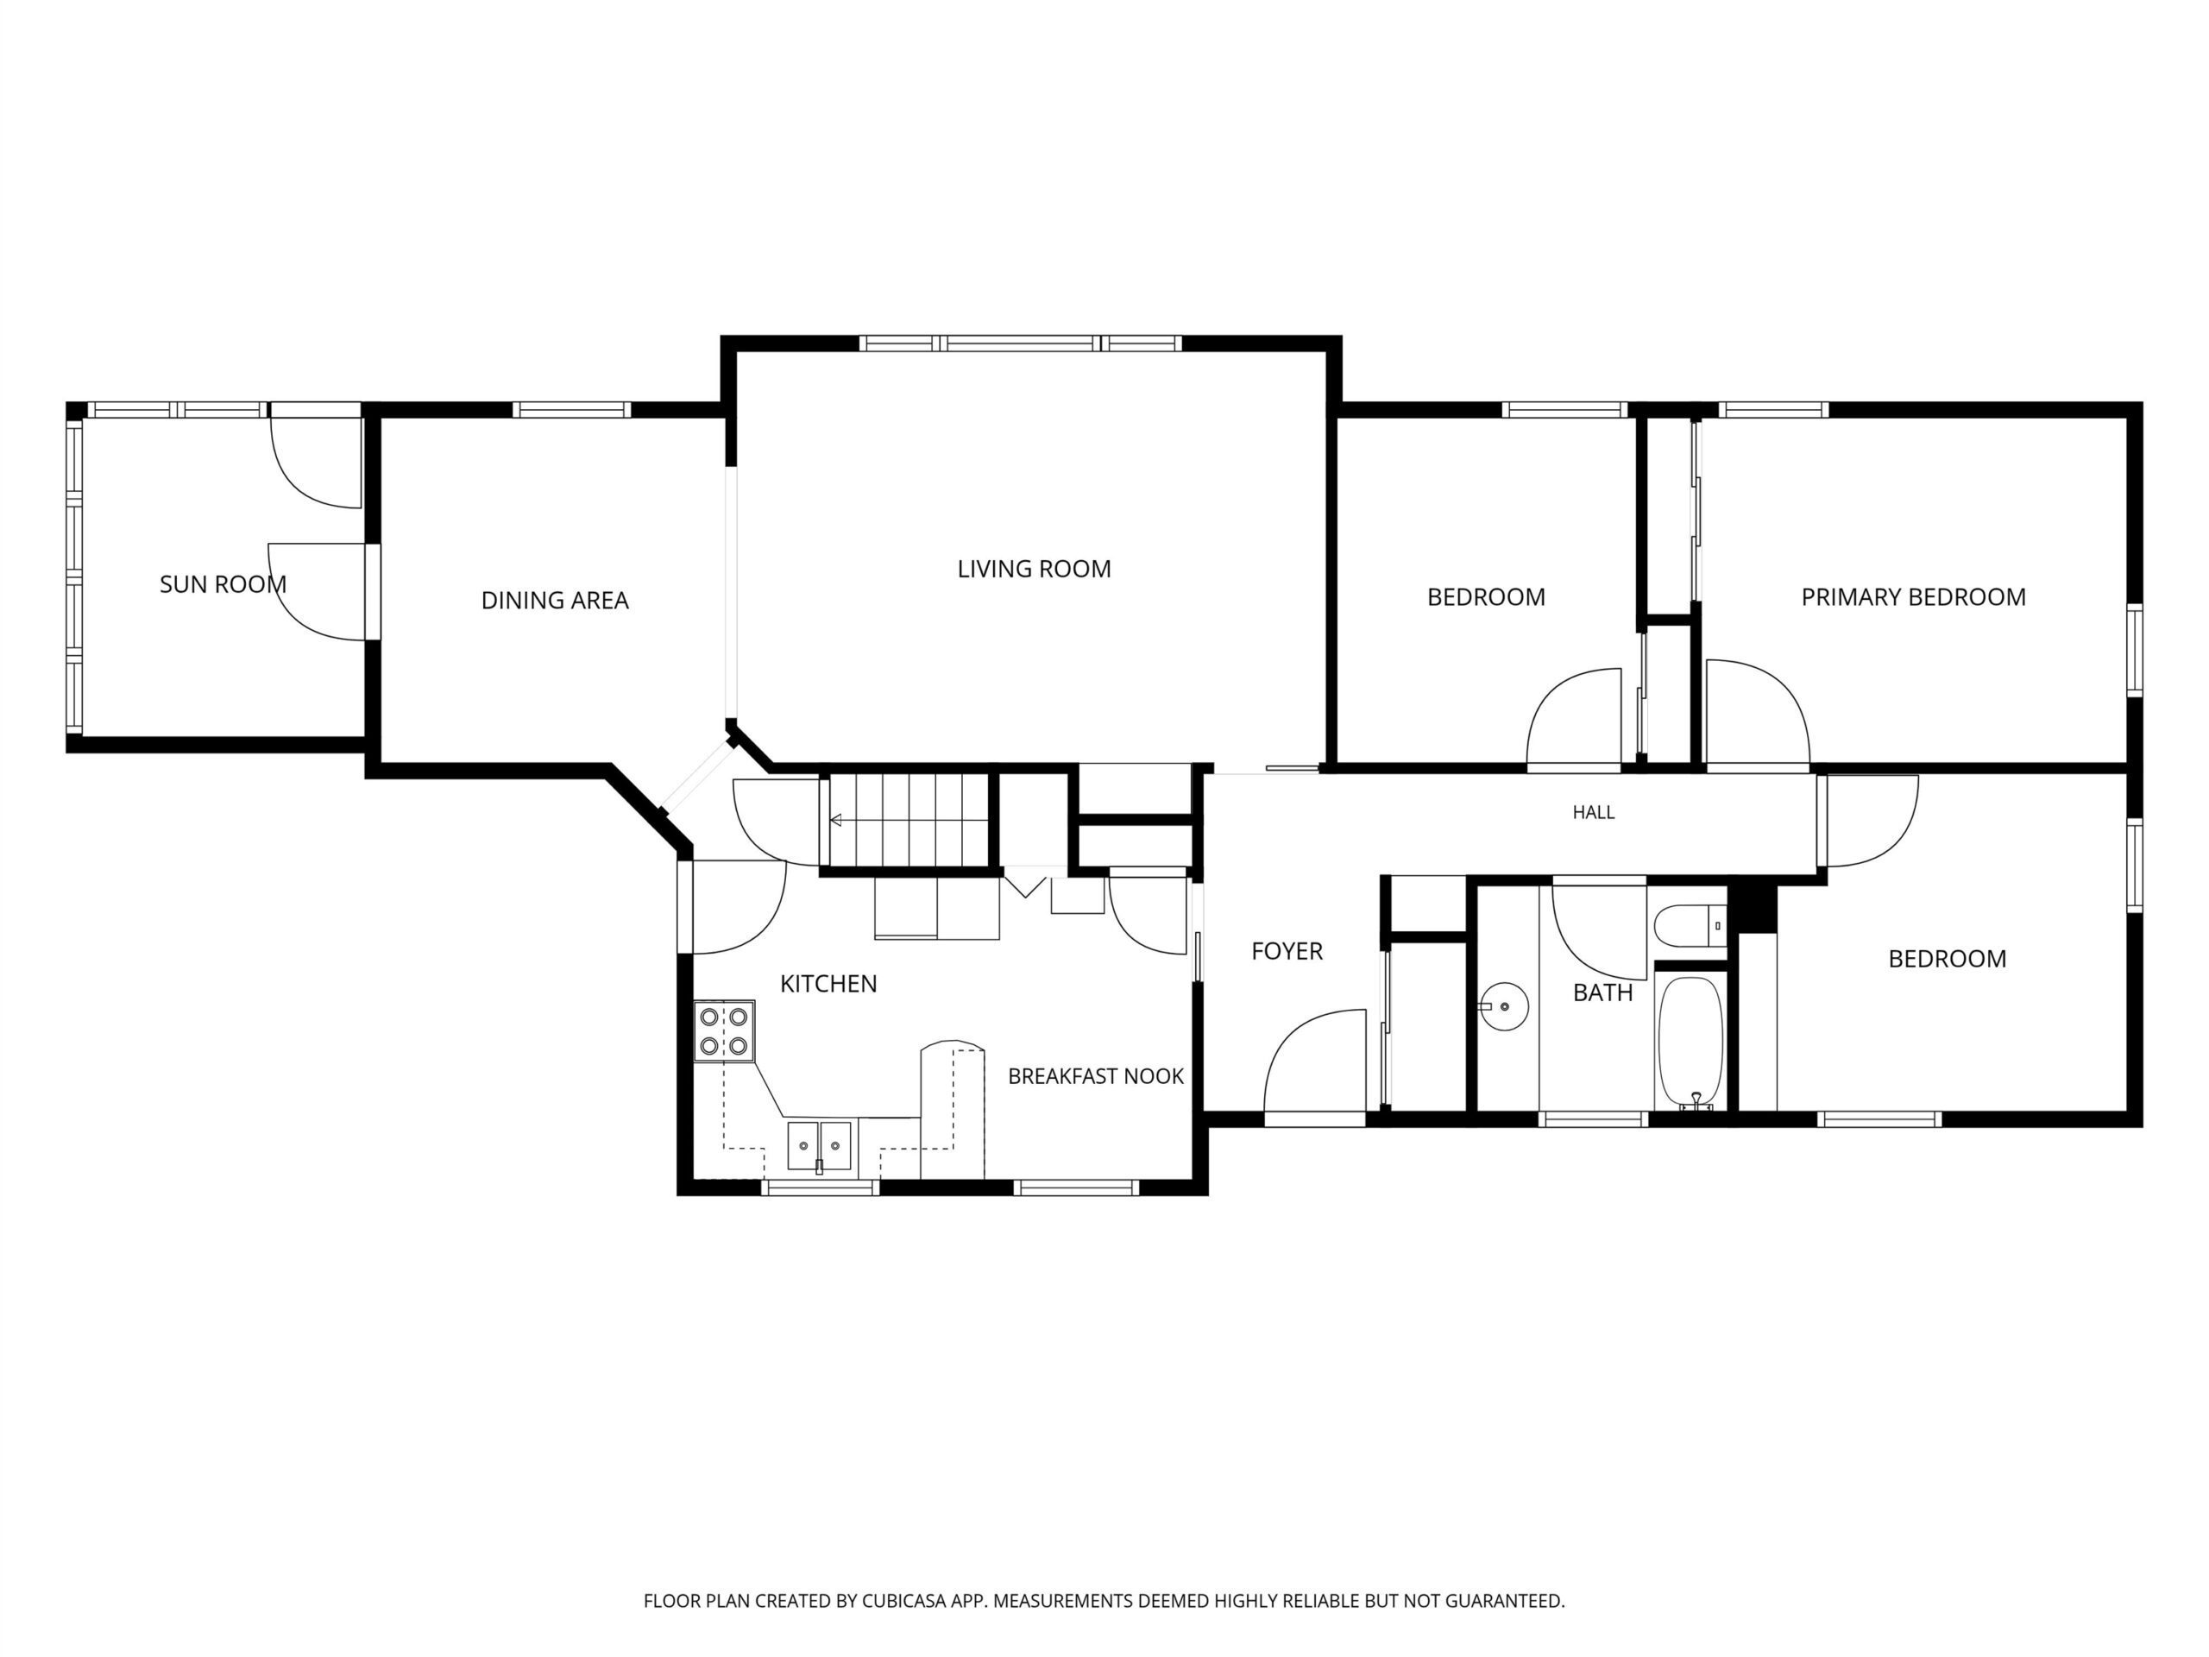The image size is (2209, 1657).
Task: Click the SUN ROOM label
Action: (223, 584)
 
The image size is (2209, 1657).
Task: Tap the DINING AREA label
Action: (555, 601)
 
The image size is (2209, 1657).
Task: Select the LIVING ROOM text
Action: (1034, 569)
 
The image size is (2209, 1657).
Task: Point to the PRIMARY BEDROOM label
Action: (1913, 597)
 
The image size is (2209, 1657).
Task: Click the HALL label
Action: (1594, 812)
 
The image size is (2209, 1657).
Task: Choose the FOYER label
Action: (1287, 951)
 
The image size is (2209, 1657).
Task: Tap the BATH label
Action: (1603, 992)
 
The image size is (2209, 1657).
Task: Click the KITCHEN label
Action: (829, 984)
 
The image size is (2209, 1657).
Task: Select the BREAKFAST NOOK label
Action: (1096, 1075)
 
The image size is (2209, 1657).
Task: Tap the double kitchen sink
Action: (819, 1145)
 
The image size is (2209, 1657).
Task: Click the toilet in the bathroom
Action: (1690, 924)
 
